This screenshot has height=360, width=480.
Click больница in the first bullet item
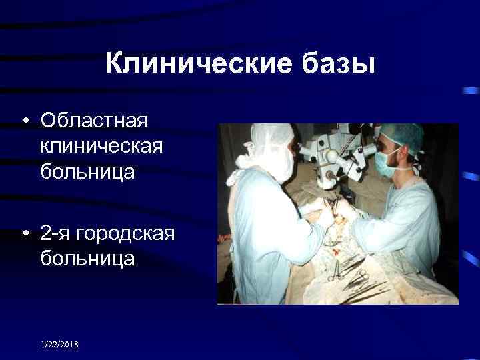click(x=87, y=171)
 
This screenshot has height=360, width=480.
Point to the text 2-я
click(x=57, y=233)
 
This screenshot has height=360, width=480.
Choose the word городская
click(x=126, y=233)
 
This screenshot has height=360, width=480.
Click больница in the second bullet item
click(x=87, y=258)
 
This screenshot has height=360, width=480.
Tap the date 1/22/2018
click(x=59, y=344)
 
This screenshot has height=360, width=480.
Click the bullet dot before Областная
click(x=25, y=122)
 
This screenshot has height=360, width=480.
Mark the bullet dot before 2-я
click(x=25, y=234)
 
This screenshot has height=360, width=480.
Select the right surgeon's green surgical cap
click(x=400, y=137)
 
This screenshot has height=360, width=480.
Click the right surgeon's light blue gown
click(x=407, y=220)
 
